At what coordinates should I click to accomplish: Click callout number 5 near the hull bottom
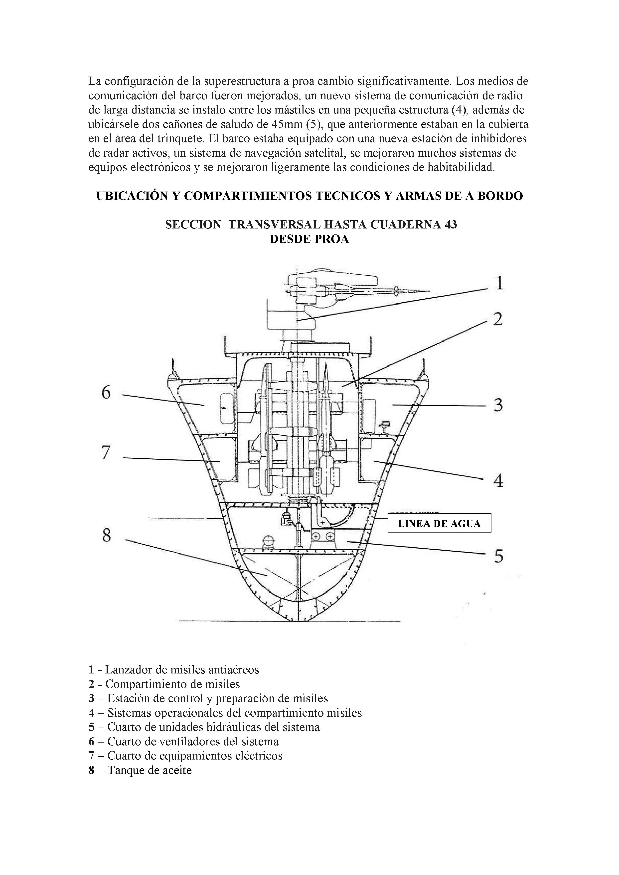498,557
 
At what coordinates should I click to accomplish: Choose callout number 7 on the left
106,452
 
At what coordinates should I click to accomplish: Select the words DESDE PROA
309,239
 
